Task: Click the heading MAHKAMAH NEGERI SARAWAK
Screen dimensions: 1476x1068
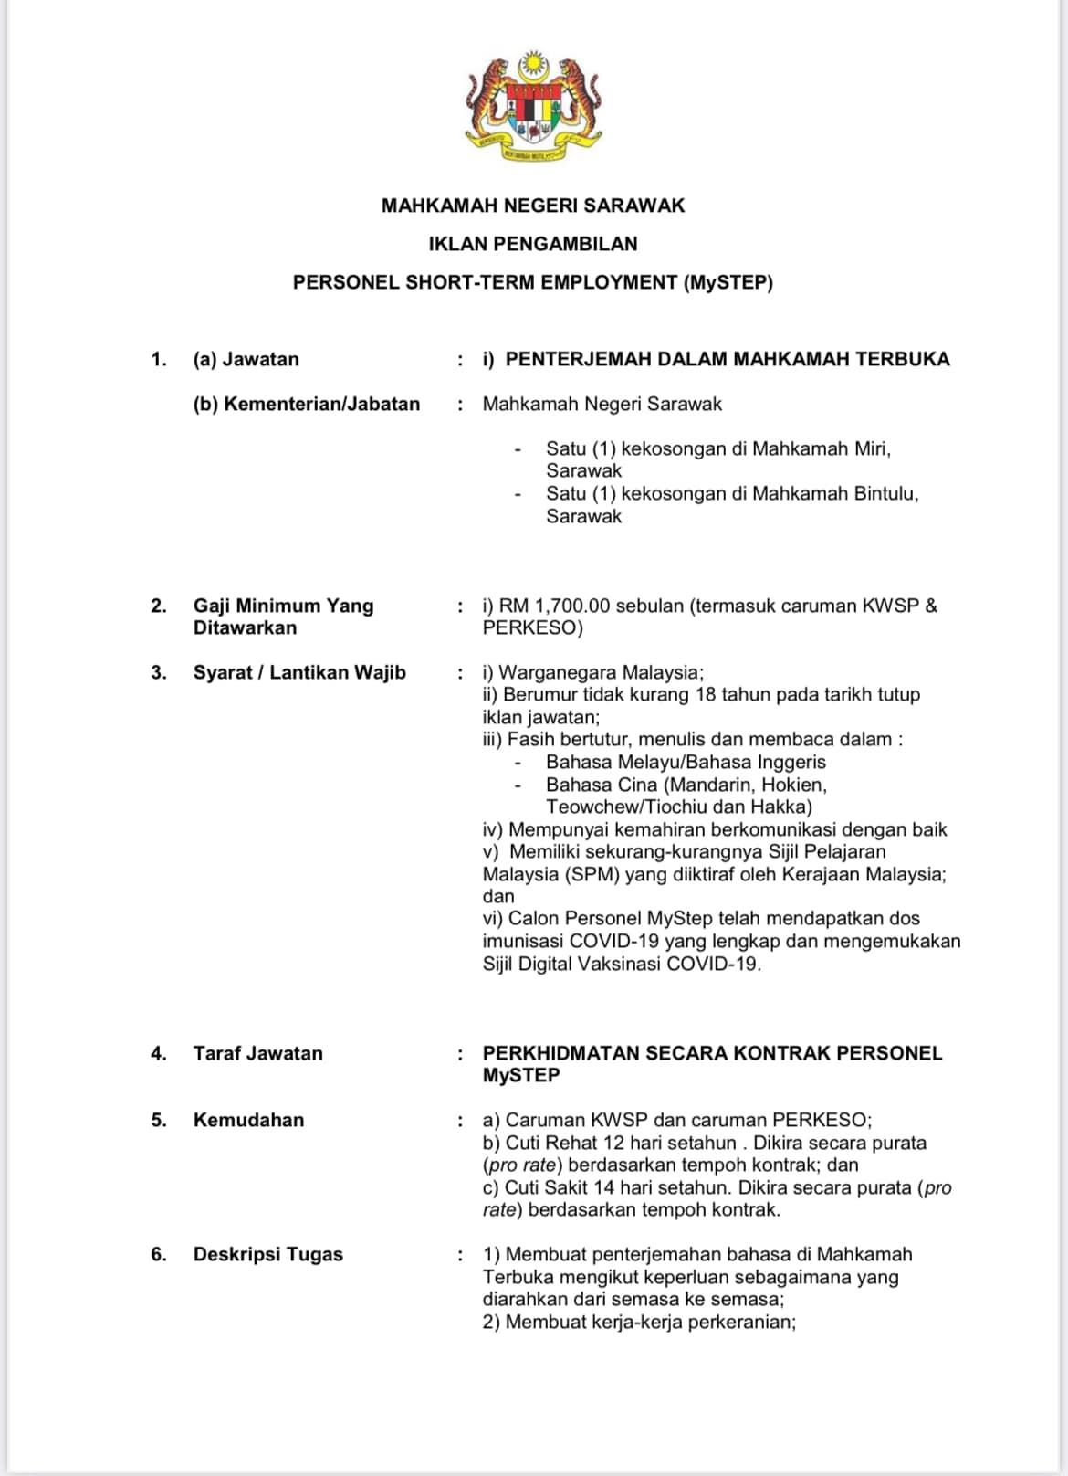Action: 533,206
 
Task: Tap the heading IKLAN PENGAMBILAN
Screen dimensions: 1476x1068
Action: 533,244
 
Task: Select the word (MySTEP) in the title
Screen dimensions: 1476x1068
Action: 728,282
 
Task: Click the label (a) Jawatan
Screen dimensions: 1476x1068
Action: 246,359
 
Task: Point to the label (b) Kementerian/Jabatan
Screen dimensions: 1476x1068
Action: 307,404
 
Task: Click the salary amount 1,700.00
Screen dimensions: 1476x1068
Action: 572,606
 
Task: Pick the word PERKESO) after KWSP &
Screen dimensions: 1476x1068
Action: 533,627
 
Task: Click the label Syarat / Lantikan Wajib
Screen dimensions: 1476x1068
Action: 299,672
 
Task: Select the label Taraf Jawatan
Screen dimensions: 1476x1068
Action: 257,1053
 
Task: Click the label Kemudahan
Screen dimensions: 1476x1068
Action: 248,1120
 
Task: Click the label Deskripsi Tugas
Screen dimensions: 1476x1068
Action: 267,1254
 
